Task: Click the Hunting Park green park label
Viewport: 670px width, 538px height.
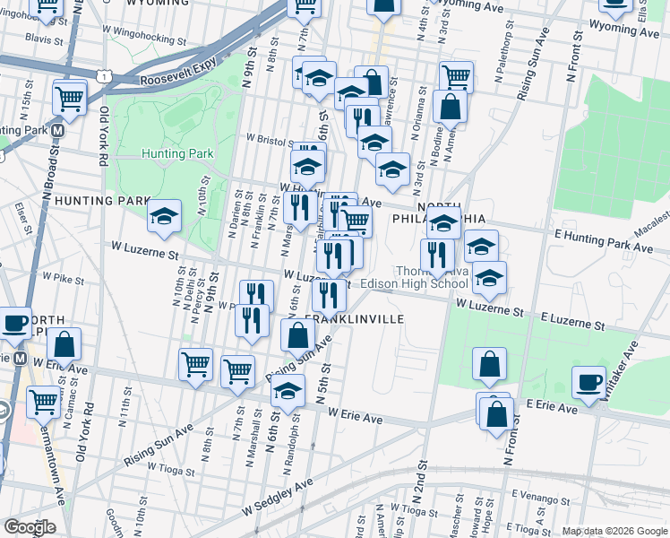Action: pos(177,153)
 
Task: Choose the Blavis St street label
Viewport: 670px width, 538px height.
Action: pos(44,39)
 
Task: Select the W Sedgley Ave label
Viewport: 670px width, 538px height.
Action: pos(278,497)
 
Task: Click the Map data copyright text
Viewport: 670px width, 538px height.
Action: pos(614,531)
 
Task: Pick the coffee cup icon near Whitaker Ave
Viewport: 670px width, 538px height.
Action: pos(588,381)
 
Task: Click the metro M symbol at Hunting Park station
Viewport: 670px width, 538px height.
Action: pos(57,129)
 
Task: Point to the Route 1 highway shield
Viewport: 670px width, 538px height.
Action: pos(106,76)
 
